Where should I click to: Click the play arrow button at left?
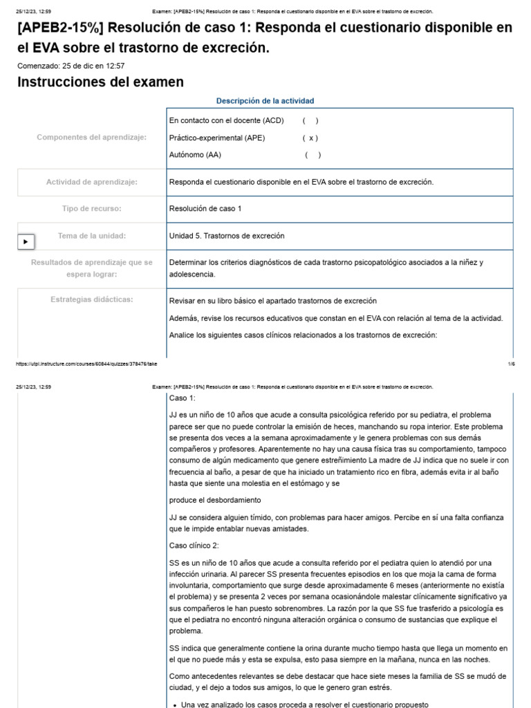(x=26, y=242)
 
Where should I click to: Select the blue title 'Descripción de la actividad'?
(x=265, y=101)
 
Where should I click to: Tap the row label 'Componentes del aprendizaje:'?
(x=91, y=138)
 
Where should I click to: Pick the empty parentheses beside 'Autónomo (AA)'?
(x=313, y=155)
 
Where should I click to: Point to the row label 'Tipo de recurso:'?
(x=91, y=208)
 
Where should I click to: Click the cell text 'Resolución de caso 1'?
(x=205, y=208)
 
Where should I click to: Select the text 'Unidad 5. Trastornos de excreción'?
(x=226, y=236)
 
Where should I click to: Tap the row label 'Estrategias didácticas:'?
(x=91, y=299)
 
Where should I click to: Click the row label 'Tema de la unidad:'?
(x=91, y=236)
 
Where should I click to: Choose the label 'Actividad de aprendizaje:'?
(x=91, y=182)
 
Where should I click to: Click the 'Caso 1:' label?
(x=183, y=398)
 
